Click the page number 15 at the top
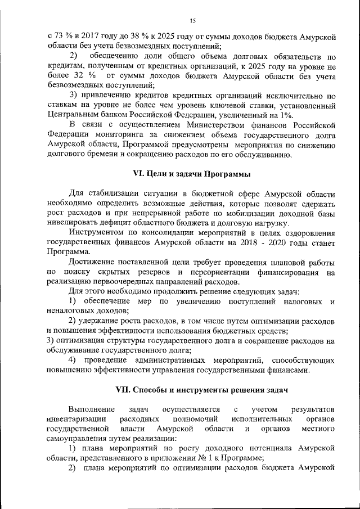(x=192, y=21)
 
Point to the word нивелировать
(x=71, y=222)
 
